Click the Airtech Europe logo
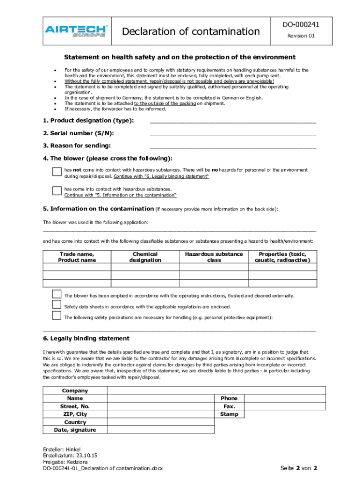point(77,31)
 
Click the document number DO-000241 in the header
point(301,25)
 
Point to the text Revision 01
point(301,36)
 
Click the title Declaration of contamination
point(190,31)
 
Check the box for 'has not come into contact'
point(57,172)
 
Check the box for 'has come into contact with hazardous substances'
point(57,190)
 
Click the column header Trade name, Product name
point(77,257)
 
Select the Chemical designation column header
point(145,257)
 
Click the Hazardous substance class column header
point(214,257)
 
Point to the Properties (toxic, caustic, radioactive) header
point(282,257)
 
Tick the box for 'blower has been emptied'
point(57,294)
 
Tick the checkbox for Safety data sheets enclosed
point(57,305)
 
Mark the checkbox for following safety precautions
point(57,315)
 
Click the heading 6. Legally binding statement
point(86,339)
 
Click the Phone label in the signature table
point(229,398)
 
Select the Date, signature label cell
point(75,430)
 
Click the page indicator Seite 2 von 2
point(299,468)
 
